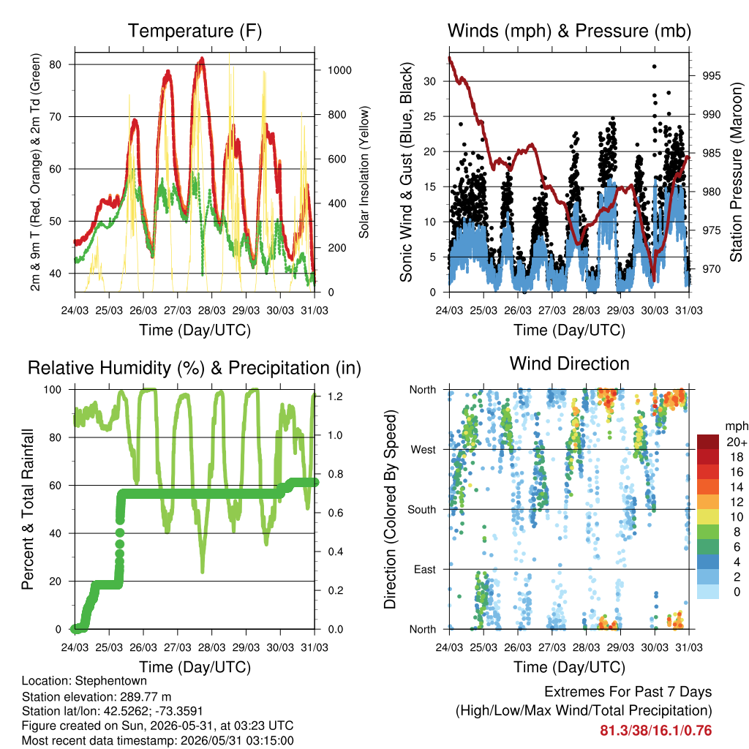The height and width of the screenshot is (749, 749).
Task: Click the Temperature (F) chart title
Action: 195,31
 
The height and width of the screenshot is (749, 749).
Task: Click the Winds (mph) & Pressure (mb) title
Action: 569,31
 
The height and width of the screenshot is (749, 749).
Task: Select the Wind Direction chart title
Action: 569,364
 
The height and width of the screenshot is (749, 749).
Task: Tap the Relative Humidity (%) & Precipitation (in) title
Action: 195,369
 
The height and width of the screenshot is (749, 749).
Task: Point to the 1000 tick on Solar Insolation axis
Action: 339,70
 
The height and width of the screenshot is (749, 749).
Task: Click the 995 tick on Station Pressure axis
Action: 712,76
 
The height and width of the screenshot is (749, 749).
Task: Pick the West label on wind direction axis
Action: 424,450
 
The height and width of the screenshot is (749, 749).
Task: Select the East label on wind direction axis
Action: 425,569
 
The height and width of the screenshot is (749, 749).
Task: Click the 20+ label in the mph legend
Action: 737,443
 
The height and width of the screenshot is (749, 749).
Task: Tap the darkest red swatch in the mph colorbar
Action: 708,442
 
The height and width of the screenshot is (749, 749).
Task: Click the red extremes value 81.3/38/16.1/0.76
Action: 656,731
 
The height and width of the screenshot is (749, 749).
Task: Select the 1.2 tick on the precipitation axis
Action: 335,396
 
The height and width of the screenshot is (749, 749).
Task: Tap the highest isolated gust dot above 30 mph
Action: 655,67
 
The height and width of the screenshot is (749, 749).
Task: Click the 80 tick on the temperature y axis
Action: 56,64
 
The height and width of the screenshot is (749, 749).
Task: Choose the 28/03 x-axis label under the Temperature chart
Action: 211,310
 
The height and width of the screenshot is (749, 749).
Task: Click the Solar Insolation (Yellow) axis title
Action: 364,172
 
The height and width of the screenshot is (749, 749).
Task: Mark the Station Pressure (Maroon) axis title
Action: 736,172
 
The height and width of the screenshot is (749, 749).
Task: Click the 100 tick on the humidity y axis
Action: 53,390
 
